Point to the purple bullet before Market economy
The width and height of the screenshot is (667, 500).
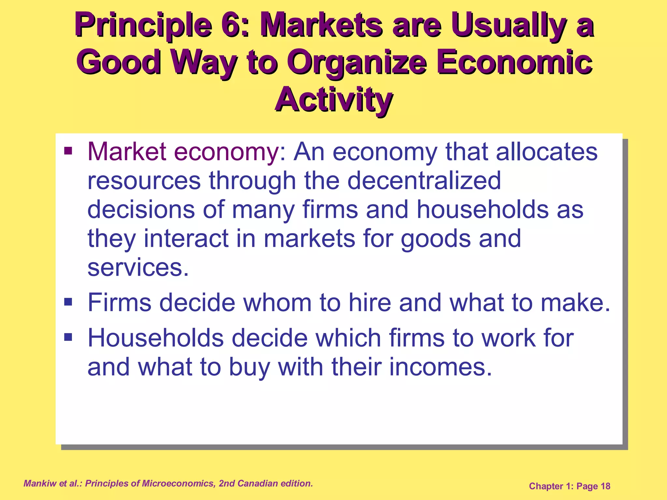click(68, 151)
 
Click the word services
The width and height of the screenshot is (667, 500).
click(138, 267)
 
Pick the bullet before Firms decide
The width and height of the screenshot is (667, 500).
click(68, 302)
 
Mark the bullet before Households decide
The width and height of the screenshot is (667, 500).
click(68, 337)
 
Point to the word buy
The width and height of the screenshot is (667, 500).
click(249, 367)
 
